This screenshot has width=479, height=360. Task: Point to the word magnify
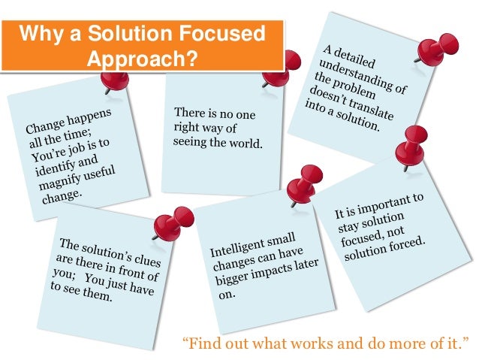tap(57, 178)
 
